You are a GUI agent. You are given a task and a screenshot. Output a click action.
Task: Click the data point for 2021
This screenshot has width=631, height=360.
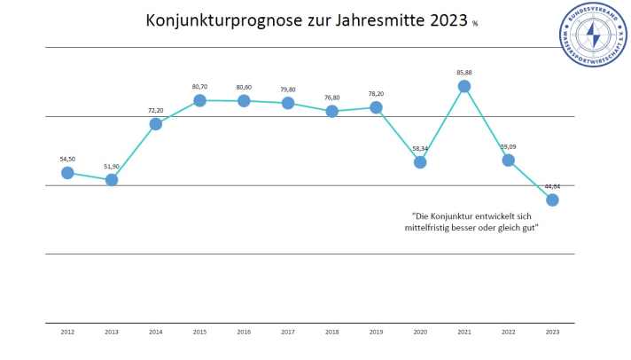click(x=464, y=86)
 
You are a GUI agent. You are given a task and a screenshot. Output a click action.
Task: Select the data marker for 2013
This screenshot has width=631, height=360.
click(x=112, y=179)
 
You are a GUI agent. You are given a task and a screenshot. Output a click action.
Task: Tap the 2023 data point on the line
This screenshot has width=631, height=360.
click(x=552, y=200)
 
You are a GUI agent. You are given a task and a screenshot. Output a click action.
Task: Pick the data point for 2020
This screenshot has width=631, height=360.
click(x=420, y=161)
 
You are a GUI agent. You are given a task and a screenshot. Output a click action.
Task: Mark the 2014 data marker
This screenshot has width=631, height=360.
click(x=156, y=123)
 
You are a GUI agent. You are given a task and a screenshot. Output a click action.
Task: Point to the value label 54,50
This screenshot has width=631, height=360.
click(x=67, y=159)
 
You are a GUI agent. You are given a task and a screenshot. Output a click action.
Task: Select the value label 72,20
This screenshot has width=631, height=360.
click(x=156, y=110)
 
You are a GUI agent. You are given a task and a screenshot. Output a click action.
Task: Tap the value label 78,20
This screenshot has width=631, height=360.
click(x=376, y=91)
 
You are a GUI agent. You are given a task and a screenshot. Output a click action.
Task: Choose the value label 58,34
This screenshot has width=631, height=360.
click(x=420, y=148)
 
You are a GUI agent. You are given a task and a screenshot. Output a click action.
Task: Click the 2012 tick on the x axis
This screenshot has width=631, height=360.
click(x=67, y=332)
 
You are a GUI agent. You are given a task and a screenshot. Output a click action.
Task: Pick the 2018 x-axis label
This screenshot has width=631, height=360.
click(x=331, y=332)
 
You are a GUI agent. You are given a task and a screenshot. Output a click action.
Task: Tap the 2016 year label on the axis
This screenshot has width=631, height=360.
click(x=244, y=332)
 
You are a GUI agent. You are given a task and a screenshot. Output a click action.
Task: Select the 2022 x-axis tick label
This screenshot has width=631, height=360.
click(x=508, y=332)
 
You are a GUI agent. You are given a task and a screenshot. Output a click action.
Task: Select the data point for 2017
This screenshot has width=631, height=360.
click(x=288, y=103)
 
